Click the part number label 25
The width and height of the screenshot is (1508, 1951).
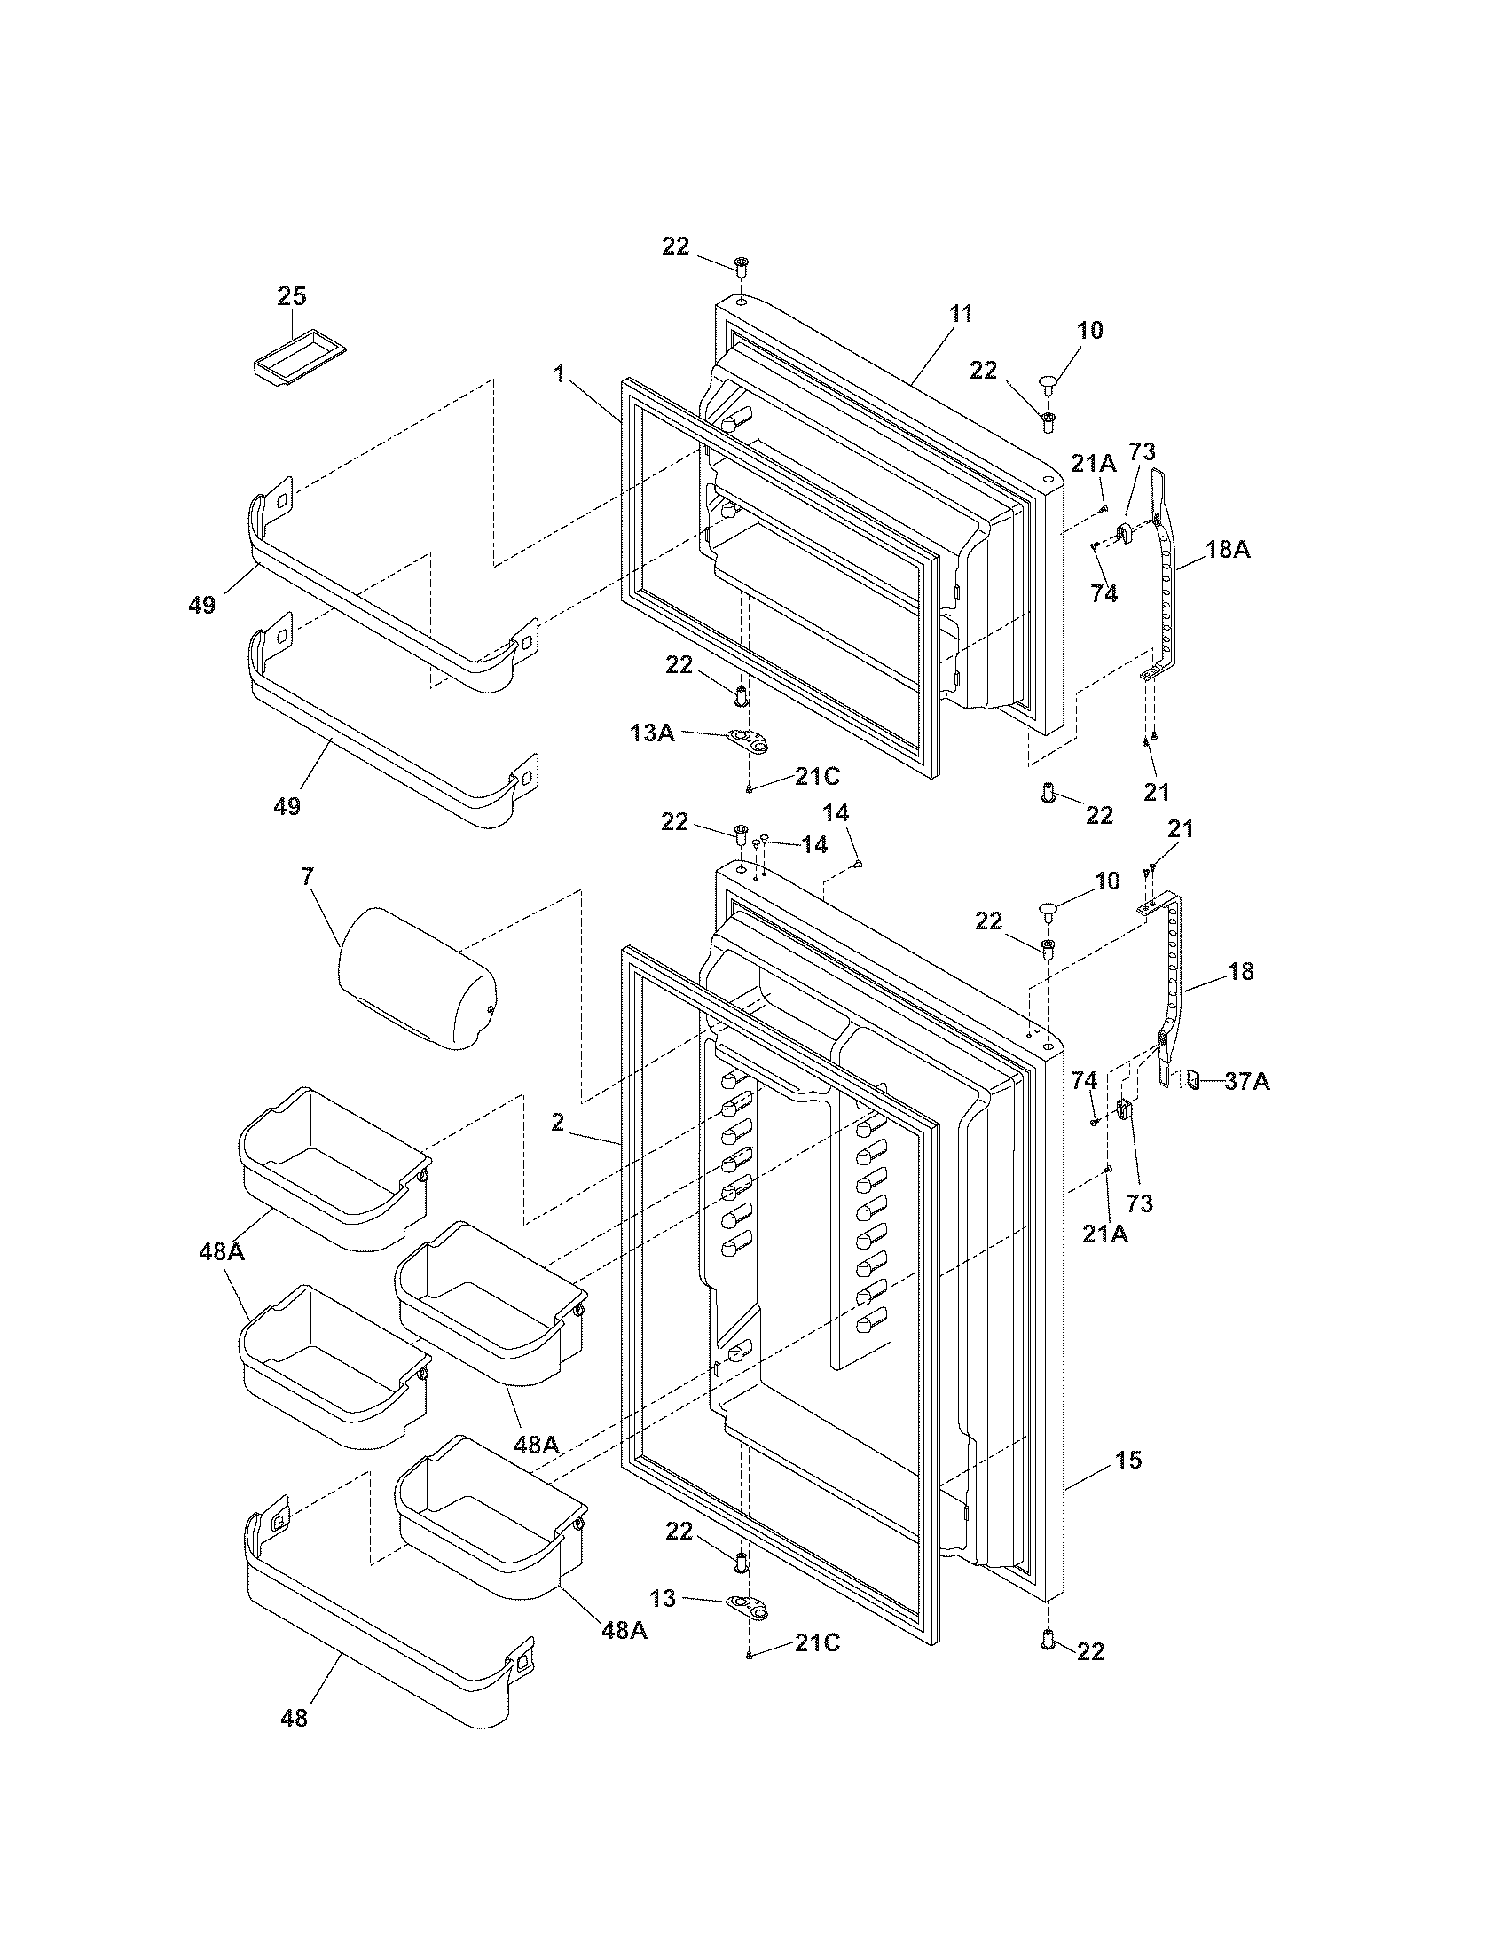(x=291, y=295)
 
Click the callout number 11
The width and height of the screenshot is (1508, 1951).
(x=961, y=314)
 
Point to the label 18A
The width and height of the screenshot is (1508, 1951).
(x=1228, y=550)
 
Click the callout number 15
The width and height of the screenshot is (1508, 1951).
(x=1128, y=1461)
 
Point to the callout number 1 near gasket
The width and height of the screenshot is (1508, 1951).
(x=559, y=373)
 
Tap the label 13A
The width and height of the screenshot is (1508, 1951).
(x=652, y=733)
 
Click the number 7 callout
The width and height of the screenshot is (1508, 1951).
(x=307, y=877)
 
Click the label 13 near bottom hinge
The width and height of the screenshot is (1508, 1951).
(x=663, y=1598)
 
